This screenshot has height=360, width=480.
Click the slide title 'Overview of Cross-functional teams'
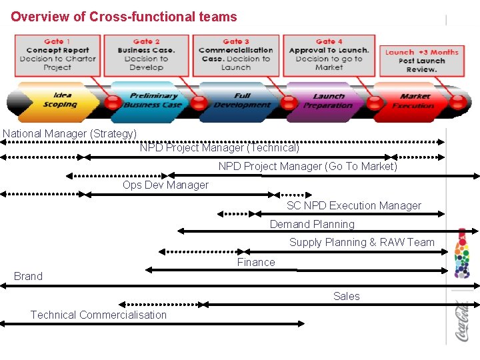(x=123, y=16)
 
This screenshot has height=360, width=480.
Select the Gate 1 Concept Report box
(x=57, y=54)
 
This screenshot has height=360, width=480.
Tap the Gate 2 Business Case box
(x=146, y=54)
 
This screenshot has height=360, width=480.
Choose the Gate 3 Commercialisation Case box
(x=236, y=54)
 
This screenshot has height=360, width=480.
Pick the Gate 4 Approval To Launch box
(x=329, y=54)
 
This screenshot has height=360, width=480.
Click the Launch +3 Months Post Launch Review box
(x=421, y=61)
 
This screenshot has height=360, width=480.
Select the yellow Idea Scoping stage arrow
(x=59, y=101)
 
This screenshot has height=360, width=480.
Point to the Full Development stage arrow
(x=241, y=101)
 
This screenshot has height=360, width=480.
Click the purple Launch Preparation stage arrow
(x=328, y=101)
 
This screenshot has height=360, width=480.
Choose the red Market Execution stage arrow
(x=413, y=101)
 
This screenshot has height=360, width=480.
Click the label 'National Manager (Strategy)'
(x=70, y=134)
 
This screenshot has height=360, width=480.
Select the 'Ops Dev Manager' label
(x=165, y=185)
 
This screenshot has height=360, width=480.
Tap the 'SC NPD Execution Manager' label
(x=353, y=206)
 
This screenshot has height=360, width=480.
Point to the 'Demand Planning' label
(x=312, y=225)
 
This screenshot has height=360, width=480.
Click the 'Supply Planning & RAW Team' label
(x=361, y=243)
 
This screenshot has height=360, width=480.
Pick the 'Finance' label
(x=256, y=263)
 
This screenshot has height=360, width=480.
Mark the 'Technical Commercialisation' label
(x=99, y=315)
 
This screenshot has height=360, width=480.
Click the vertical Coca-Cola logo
(x=461, y=321)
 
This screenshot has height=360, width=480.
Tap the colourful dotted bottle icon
(x=461, y=253)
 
